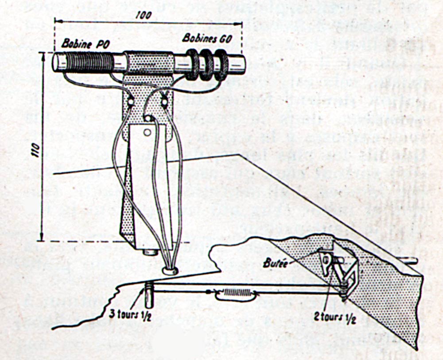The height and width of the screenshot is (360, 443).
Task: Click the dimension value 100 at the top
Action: point(144,15)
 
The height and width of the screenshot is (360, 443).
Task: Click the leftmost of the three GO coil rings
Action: point(192,64)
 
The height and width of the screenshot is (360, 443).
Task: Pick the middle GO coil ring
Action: point(206,65)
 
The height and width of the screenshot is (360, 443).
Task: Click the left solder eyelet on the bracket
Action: point(131,102)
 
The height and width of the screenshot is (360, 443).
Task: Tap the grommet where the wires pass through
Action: point(170,270)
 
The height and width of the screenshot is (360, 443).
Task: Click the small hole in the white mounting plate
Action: point(147,132)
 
